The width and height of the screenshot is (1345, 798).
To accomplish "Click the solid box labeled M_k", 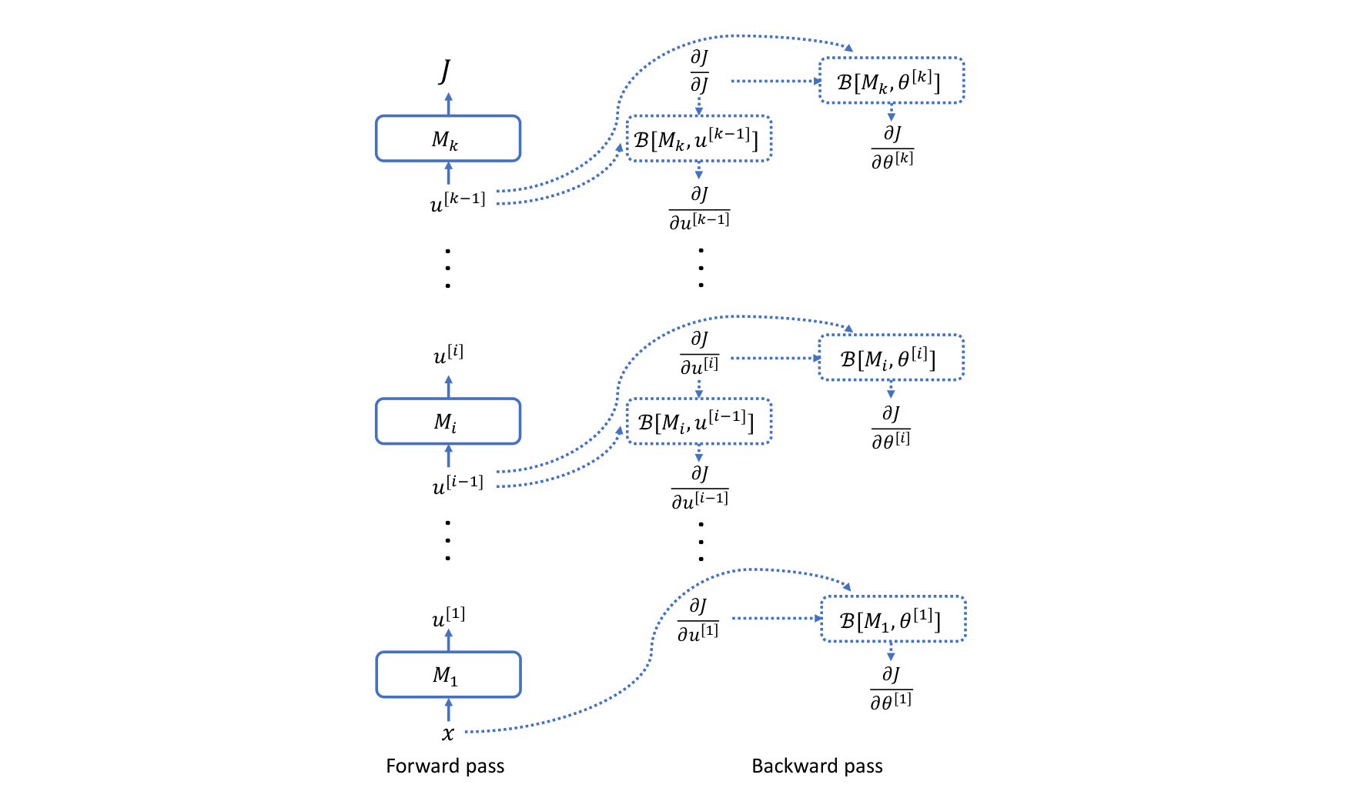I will tap(447, 139).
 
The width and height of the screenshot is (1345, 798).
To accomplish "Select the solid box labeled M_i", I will tap(447, 421).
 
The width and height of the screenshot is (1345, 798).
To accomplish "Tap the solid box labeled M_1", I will tap(447, 675).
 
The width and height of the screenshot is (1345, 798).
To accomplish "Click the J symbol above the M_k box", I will tap(445, 71).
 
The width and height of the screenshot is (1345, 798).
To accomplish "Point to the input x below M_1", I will tap(448, 733).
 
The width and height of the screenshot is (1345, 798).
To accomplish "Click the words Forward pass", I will tap(445, 766).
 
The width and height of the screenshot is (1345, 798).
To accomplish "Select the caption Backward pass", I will tap(817, 766).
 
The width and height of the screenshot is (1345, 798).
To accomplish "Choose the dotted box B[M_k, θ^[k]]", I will tap(891, 81).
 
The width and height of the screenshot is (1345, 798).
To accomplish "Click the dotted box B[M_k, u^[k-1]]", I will tap(698, 139).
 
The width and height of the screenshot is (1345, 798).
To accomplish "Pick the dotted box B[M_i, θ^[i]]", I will tap(891, 358).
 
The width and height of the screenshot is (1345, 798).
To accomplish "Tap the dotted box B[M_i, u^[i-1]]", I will tap(698, 422).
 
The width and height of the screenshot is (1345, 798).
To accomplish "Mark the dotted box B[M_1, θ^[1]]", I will tap(892, 619).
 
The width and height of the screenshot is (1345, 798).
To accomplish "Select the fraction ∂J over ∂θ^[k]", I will tap(892, 147).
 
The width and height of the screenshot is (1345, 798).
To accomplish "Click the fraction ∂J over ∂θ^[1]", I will tap(891, 687).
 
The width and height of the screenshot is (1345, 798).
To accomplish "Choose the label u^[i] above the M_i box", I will tap(448, 355).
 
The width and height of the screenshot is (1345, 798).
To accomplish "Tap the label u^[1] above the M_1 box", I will tap(448, 617).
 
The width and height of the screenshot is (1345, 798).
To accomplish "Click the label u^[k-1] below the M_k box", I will tap(457, 202).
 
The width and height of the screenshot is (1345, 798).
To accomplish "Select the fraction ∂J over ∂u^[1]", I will tap(698, 619).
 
